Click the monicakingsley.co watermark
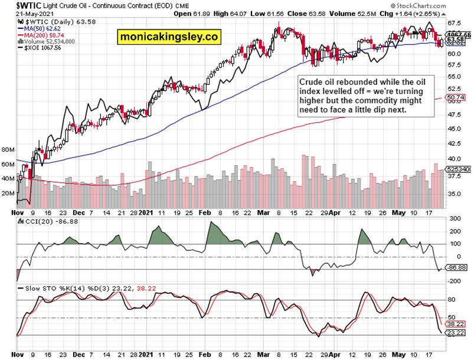(x=169, y=37)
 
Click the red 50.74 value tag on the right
(x=455, y=97)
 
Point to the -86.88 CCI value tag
(x=455, y=268)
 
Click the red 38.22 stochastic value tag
(x=455, y=325)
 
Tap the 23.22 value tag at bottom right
(x=455, y=333)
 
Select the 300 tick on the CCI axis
(x=453, y=218)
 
